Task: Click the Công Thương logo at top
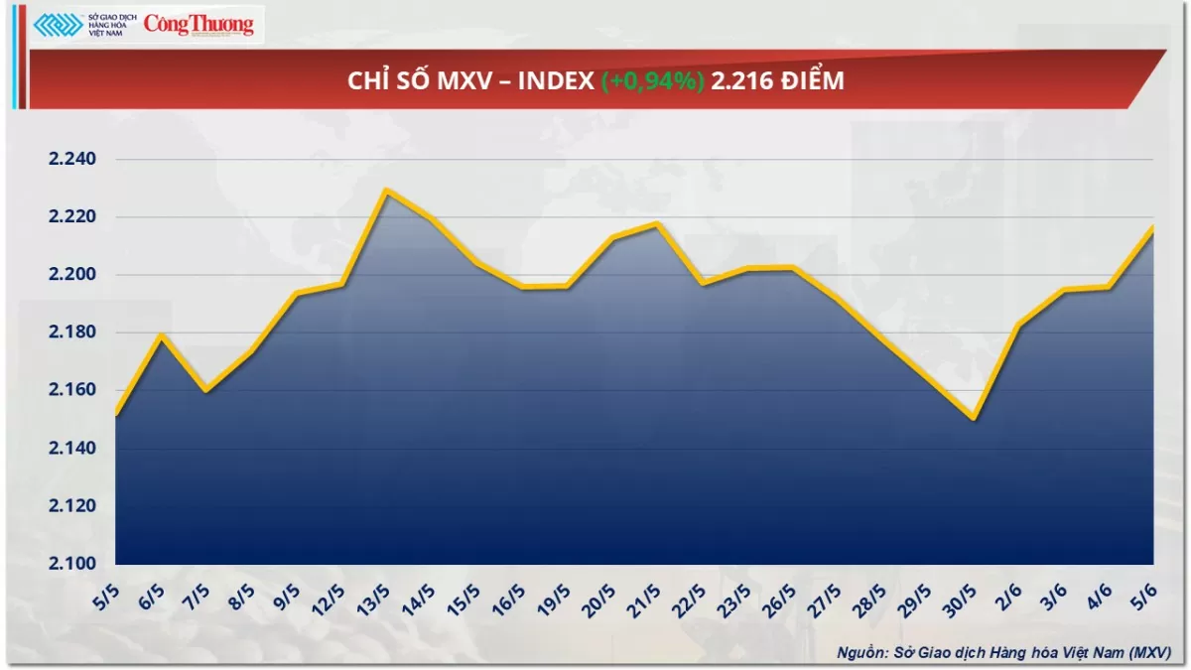tap(198, 26)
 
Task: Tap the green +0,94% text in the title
tap(653, 81)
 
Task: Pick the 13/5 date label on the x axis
tap(375, 600)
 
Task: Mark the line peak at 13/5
tap(386, 190)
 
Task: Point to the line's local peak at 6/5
tap(161, 335)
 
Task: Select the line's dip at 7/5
tap(205, 390)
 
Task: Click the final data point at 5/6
tap(1152, 228)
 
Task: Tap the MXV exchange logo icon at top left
tap(59, 25)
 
